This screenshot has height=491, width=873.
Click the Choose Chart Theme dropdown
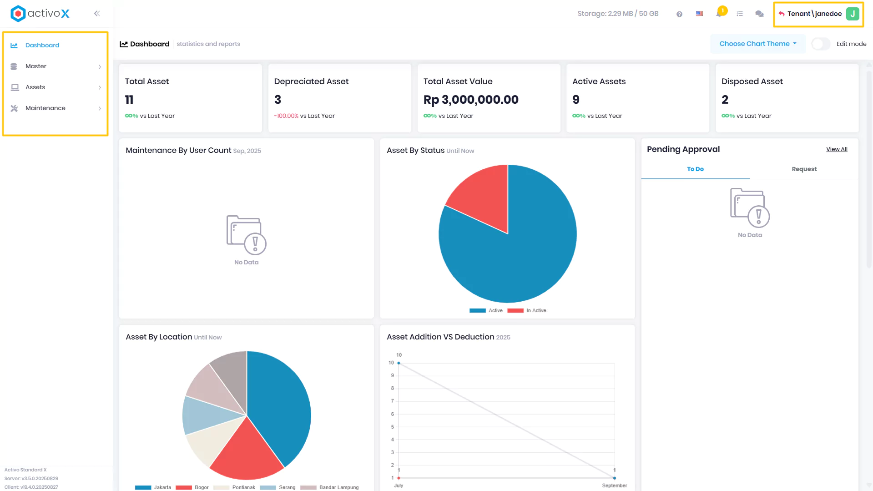(x=758, y=44)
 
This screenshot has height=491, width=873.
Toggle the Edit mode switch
(x=821, y=44)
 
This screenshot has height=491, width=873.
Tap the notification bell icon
(x=719, y=14)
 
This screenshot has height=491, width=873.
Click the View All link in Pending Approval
(x=837, y=149)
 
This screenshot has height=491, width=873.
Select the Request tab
(x=804, y=169)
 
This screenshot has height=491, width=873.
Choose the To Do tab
(x=695, y=169)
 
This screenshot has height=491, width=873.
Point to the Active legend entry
(x=486, y=311)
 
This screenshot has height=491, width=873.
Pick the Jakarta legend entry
(x=153, y=487)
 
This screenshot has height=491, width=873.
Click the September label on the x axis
(x=614, y=486)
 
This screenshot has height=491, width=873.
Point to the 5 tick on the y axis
(x=392, y=427)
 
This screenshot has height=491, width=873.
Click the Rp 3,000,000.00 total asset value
(x=471, y=100)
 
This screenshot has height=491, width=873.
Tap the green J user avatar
(x=853, y=14)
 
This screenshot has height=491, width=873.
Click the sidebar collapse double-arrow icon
(x=97, y=14)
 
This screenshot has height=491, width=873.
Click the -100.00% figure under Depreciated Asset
(x=286, y=116)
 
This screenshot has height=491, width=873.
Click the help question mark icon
(x=679, y=14)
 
